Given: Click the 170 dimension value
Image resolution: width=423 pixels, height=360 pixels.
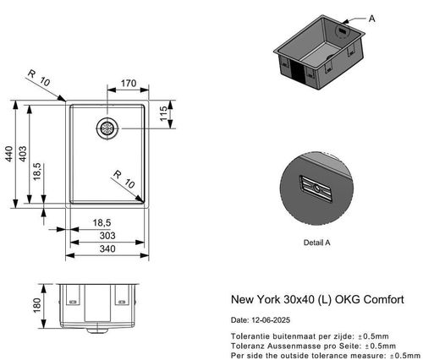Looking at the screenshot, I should click(x=129, y=85).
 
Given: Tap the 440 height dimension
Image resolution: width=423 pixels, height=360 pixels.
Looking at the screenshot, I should click(x=9, y=154).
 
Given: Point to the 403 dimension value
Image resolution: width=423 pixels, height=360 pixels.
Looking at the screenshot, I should click(x=24, y=154).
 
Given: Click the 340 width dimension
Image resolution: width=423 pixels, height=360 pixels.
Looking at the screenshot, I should click(x=106, y=249).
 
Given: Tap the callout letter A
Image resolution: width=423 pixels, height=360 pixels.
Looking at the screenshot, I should click(x=374, y=17).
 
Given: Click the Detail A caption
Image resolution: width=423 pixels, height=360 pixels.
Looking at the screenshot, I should click(x=316, y=242).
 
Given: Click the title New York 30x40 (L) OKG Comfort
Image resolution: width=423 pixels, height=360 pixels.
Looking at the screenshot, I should click(x=316, y=299).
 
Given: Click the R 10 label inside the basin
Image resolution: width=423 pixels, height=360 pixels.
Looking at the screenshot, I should click(x=124, y=179).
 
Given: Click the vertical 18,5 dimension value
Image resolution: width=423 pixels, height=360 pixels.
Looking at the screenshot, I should click(x=37, y=170).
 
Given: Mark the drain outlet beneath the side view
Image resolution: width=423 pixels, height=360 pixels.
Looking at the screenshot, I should click(x=100, y=324).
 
